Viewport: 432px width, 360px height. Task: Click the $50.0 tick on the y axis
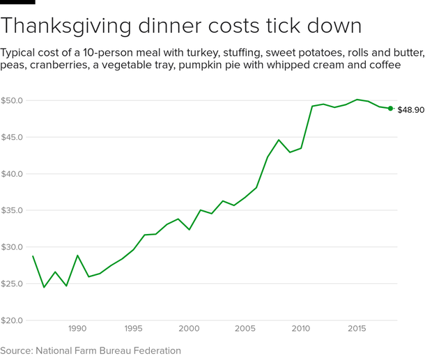(13, 100)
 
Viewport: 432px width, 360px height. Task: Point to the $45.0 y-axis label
(13, 137)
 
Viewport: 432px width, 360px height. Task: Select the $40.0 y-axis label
(13, 174)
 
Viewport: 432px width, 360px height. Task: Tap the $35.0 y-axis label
(13, 210)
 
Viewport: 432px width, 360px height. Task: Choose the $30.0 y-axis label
(13, 247)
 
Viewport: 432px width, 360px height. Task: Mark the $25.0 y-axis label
(13, 284)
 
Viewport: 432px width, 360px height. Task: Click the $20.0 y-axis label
(13, 320)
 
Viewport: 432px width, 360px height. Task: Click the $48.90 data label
(411, 110)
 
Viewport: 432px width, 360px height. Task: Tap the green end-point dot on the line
(390, 109)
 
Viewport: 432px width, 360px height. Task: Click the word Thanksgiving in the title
(74, 26)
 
